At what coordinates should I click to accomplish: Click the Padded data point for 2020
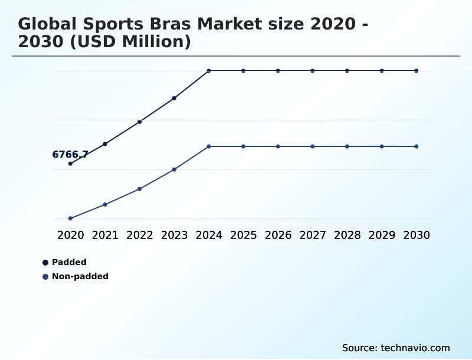pos(70,163)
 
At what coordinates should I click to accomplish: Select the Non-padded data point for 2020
pos(70,218)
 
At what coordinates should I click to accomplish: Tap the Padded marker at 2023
pos(174,98)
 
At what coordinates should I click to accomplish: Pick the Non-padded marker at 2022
pos(140,189)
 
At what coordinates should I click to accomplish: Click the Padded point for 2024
pos(209,71)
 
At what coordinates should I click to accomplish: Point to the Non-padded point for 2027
pos(313,146)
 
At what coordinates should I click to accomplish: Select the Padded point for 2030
pos(417,71)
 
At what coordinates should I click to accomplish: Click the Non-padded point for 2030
pos(417,146)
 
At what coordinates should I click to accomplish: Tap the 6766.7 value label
pos(70,155)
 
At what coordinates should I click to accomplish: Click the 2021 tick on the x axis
pos(105,235)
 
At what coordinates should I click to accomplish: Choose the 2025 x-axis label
pos(243,235)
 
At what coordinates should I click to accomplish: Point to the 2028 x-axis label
pos(347,235)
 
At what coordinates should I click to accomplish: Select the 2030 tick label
pos(417,235)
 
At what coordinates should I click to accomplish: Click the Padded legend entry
pos(69,262)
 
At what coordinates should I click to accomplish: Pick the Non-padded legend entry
pos(80,276)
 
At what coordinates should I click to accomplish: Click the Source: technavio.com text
pos(396,348)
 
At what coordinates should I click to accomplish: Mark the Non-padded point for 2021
pos(105,204)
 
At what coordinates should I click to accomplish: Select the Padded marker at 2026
pos(278,71)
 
